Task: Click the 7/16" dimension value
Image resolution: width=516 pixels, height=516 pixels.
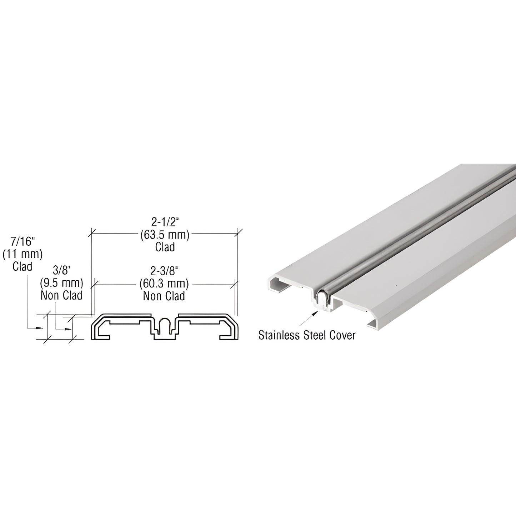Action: (x=22, y=242)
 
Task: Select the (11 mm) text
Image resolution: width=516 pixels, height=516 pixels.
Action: (x=22, y=254)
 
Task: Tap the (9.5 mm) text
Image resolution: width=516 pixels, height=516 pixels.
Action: (x=61, y=283)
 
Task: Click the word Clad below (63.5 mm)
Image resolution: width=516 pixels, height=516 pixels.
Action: (x=165, y=247)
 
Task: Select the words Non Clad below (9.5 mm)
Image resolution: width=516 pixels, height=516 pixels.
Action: (x=61, y=295)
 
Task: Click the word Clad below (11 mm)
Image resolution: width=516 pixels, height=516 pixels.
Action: (x=22, y=266)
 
